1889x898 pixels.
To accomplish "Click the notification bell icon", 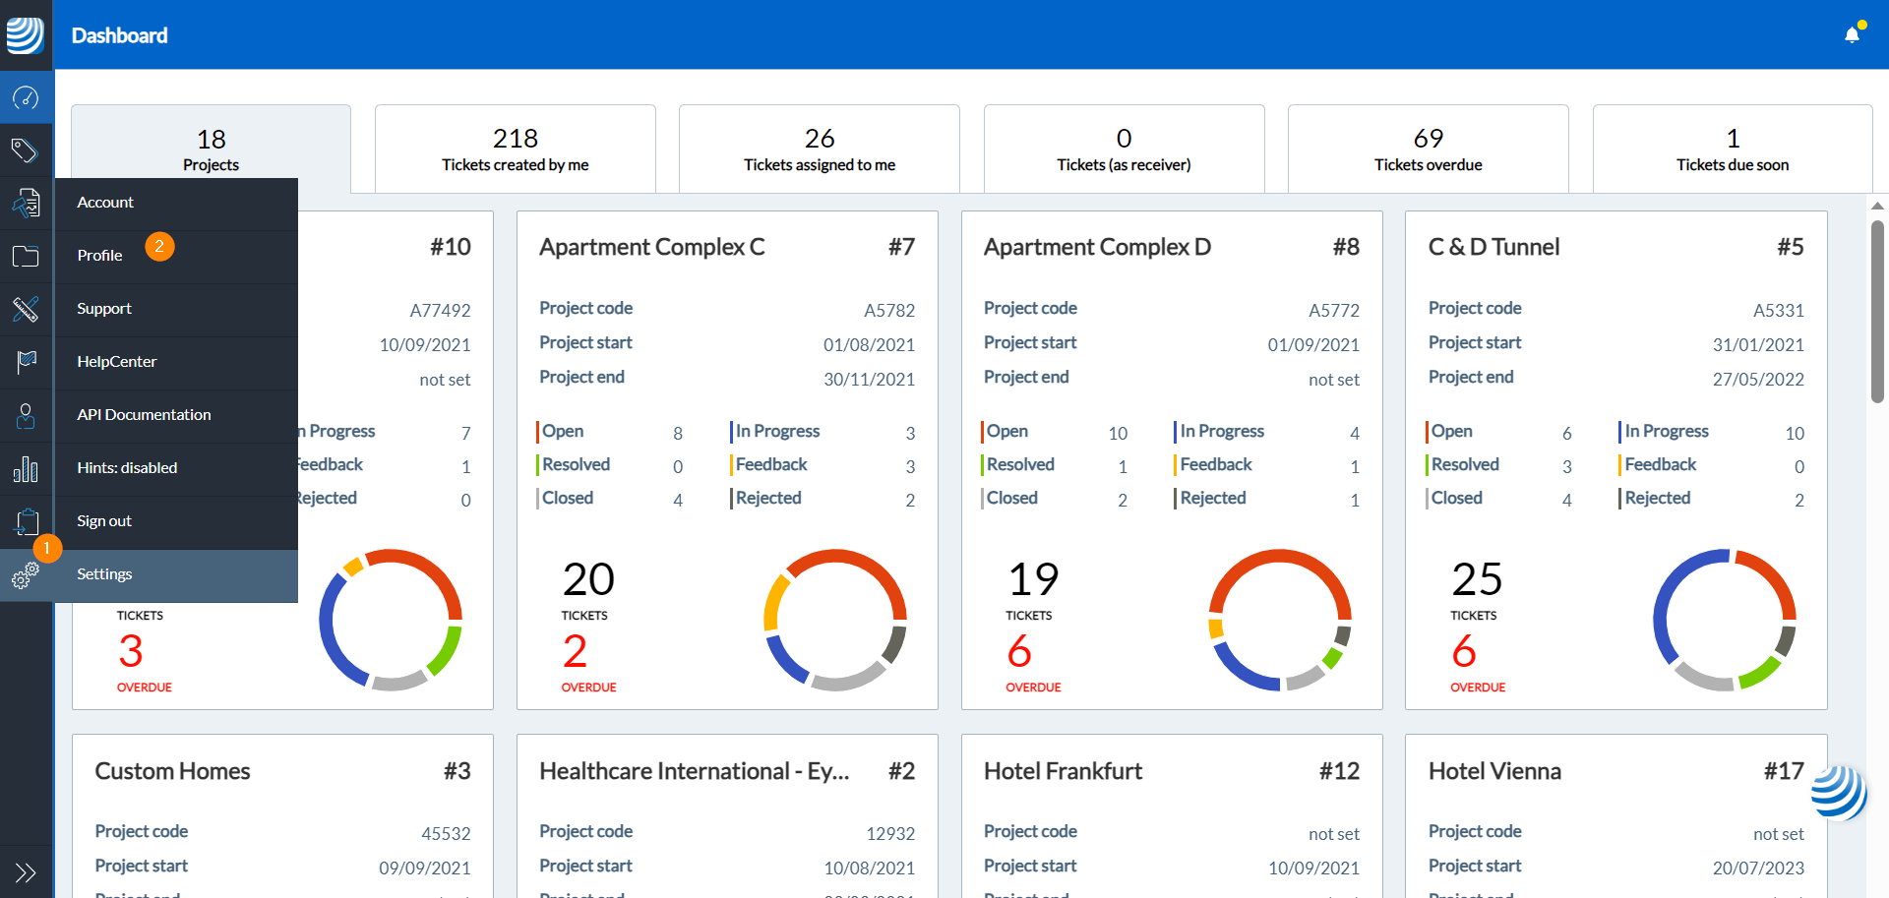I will [x=1852, y=35].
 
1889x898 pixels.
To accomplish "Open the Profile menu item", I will [x=100, y=256].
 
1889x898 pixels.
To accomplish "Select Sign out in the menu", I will [x=104, y=521].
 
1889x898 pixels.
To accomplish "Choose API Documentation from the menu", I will [x=144, y=415].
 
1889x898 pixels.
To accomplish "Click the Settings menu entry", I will [x=104, y=574].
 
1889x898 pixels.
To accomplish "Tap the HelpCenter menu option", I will [x=117, y=362].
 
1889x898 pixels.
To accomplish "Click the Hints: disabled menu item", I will [x=127, y=468].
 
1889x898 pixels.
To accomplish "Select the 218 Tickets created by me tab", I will [x=515, y=150].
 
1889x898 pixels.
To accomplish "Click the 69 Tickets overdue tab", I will [x=1428, y=150].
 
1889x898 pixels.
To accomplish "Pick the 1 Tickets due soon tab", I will [x=1732, y=150].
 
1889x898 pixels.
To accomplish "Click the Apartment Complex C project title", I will [x=651, y=247].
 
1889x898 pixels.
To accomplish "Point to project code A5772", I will [x=1333, y=311].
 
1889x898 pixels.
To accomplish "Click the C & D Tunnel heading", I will [x=1493, y=247].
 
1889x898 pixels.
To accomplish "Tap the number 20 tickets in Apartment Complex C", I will [x=588, y=579].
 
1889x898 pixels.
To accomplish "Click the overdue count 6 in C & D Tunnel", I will [x=1464, y=651].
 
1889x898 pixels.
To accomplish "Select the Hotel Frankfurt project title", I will [x=1063, y=771].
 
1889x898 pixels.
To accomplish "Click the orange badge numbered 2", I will [x=159, y=246].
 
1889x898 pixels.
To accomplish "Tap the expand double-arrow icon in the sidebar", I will [x=26, y=872].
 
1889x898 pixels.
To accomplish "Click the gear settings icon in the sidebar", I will [x=26, y=575].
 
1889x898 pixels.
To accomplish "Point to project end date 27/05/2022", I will [x=1757, y=380].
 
